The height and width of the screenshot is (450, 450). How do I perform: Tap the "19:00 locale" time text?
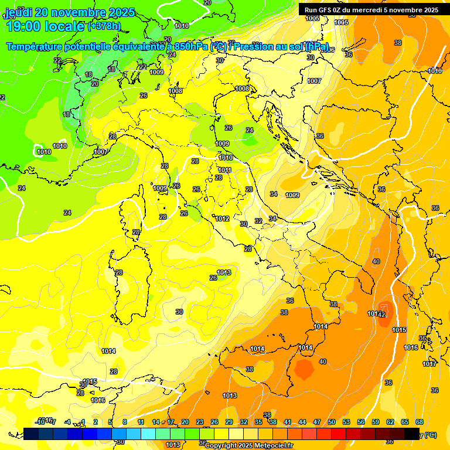click(45, 26)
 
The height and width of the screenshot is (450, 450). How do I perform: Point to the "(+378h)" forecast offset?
click(105, 26)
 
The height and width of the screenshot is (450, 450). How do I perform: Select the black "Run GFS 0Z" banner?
click(371, 10)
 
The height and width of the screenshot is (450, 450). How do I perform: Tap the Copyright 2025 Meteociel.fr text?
click(249, 445)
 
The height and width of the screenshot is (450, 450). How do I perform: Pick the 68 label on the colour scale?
click(420, 422)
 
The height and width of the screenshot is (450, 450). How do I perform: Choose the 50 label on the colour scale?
click(332, 422)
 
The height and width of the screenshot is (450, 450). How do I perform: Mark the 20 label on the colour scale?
click(185, 422)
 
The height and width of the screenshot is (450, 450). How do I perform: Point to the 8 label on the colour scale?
click(125, 422)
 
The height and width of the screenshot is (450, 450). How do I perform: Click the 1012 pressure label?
click(222, 219)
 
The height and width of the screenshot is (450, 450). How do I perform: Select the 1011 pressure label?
click(225, 171)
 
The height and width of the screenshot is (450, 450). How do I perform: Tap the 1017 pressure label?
click(429, 364)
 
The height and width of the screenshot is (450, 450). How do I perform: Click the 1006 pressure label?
click(328, 50)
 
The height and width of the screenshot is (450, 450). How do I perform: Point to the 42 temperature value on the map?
click(381, 315)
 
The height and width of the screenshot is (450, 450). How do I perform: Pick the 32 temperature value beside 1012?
click(258, 221)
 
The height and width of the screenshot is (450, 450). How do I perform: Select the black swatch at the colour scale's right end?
click(412, 434)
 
